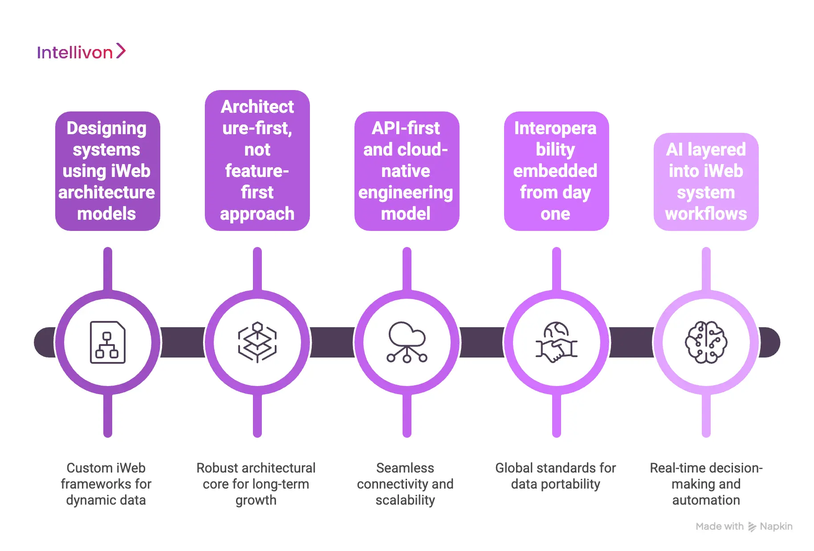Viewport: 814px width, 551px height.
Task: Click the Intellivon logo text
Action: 75,53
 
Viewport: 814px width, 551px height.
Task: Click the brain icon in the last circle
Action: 706,342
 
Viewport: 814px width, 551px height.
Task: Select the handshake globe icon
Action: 556,342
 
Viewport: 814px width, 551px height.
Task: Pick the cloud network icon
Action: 407,342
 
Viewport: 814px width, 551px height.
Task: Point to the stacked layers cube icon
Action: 257,342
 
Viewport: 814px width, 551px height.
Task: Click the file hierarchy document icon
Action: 107,342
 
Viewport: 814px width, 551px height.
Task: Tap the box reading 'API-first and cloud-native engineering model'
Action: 407,171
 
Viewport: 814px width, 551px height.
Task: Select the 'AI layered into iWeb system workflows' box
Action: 706,182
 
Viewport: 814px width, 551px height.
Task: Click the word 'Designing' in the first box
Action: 106,128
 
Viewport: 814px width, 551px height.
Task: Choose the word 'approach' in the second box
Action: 257,214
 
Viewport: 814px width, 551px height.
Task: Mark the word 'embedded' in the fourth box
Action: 555,171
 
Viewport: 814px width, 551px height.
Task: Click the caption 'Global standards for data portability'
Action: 555,476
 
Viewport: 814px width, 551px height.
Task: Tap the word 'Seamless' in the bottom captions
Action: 405,468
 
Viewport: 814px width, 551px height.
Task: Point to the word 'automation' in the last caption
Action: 706,500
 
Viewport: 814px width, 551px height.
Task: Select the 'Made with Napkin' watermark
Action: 744,526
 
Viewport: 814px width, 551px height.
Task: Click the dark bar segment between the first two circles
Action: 183,342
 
